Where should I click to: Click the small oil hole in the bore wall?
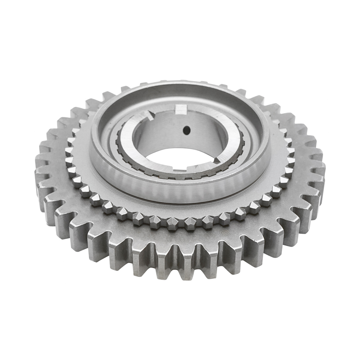pos(186,130)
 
